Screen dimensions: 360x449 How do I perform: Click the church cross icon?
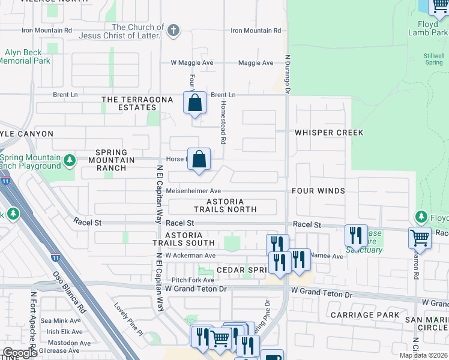[x=173, y=31]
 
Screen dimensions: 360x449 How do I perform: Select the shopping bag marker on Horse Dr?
[x=200, y=160]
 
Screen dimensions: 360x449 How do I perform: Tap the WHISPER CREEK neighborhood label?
[x=328, y=133]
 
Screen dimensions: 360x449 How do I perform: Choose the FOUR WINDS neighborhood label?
[x=318, y=191]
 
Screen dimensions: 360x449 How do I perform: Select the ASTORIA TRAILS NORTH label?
[x=225, y=206]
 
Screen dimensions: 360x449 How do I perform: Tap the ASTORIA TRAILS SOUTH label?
[x=183, y=239]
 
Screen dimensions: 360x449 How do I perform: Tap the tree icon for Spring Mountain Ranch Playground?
[x=70, y=160]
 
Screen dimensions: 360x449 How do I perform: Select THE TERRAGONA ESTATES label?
[x=129, y=103]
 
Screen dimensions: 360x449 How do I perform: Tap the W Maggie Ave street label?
[x=192, y=62]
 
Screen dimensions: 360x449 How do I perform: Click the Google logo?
[x=20, y=353]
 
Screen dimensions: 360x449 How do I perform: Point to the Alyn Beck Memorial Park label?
[x=24, y=57]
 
